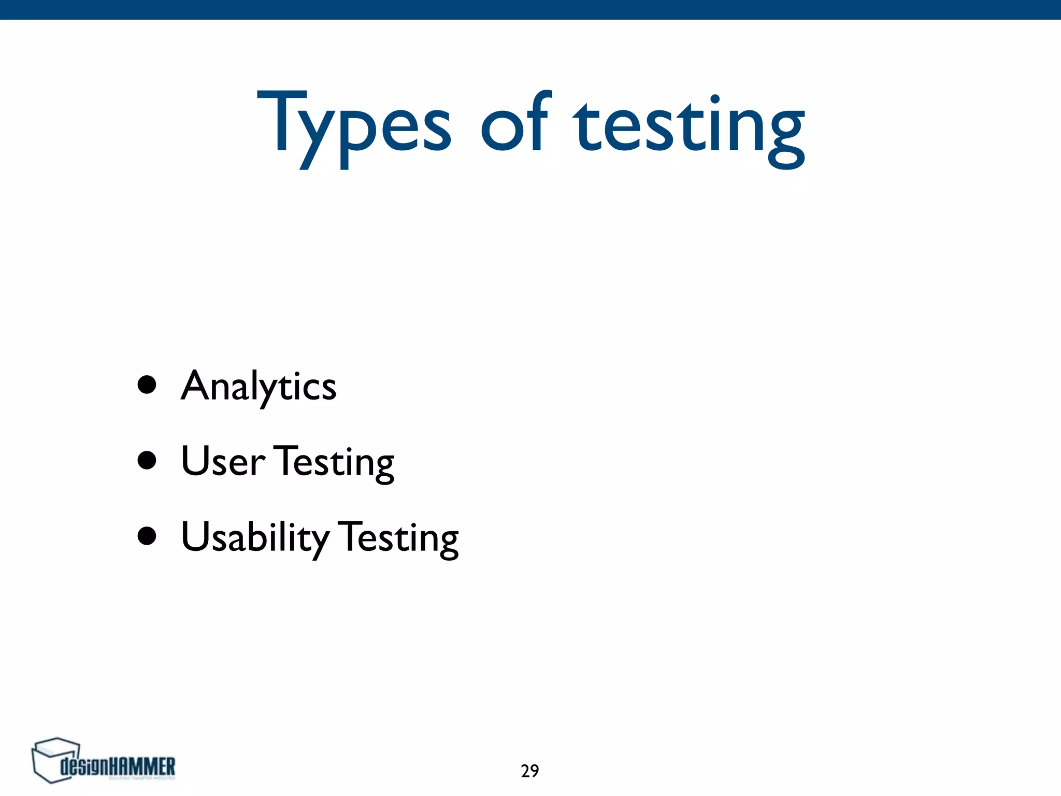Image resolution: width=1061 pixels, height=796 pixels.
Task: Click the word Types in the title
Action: coord(354,124)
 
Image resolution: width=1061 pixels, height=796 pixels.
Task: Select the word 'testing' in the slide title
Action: coord(689,127)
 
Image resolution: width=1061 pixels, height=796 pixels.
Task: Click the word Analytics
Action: coord(259,387)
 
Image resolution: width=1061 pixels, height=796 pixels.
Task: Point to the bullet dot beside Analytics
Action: coord(147,385)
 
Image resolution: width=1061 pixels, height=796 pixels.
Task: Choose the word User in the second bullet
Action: coord(222,461)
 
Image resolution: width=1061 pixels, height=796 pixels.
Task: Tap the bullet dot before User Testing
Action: coord(147,460)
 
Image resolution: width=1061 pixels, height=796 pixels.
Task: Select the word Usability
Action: coord(254,537)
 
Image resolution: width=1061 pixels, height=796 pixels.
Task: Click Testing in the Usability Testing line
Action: coord(399,537)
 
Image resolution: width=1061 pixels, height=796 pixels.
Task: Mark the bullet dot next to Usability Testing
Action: coord(147,536)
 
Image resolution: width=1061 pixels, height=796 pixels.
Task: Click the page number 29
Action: coord(529,771)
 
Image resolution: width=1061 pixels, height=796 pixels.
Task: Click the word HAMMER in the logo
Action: coord(142,766)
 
